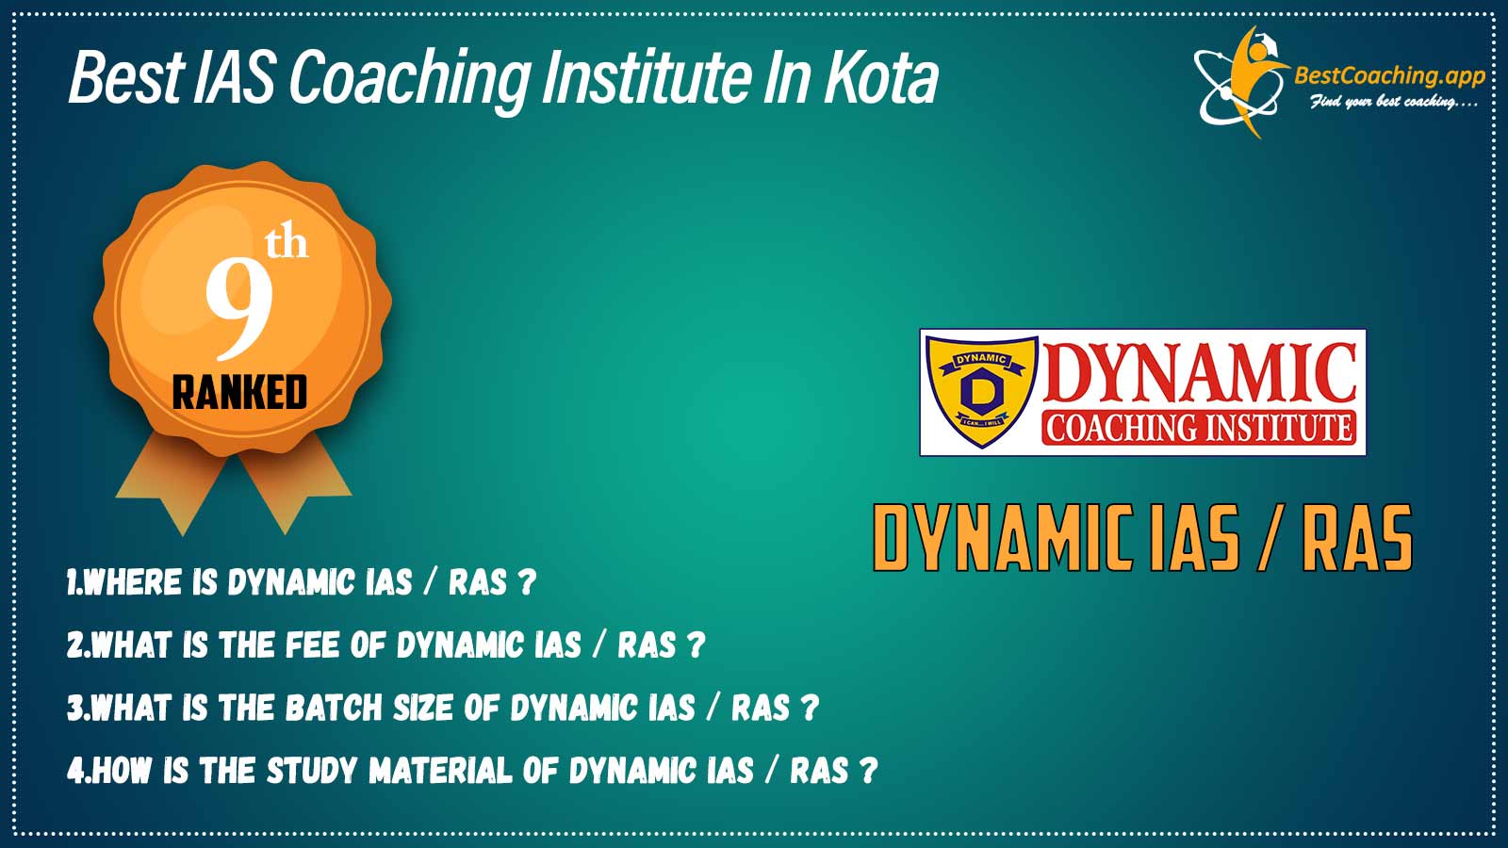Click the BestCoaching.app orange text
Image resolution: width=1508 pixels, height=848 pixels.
point(1389,76)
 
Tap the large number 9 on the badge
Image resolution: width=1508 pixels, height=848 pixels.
point(239,311)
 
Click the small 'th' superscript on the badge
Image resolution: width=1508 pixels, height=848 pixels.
point(287,243)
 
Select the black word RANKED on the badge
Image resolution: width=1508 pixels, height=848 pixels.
point(239,392)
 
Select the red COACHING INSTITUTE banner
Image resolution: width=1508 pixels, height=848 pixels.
point(1199,428)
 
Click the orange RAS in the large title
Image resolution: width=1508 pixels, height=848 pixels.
point(1357,538)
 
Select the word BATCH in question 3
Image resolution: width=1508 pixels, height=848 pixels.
point(334,708)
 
